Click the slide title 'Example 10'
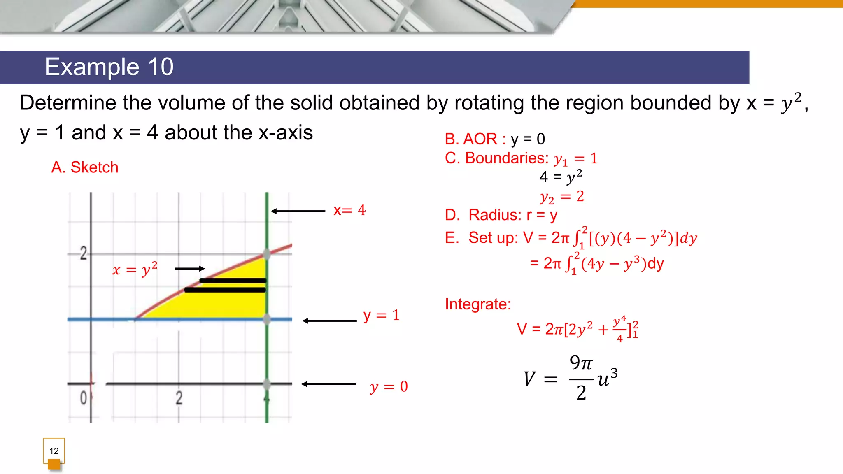coord(109,67)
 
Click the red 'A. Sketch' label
coord(85,167)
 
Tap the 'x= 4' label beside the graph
coord(349,211)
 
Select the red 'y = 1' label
coord(382,316)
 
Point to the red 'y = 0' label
coord(389,386)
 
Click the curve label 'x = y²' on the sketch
coord(135,270)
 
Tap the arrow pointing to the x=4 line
coord(298,211)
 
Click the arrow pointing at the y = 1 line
coord(329,321)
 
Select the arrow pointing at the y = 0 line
coord(328,384)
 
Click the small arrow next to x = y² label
coord(190,269)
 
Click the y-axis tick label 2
coord(84,253)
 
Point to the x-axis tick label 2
coord(179,398)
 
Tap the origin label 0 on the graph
coord(84,398)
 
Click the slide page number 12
coord(54,451)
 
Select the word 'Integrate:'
coord(478,304)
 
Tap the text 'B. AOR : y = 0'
coord(495,139)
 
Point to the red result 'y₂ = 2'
coord(562,197)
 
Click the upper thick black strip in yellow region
coord(233,281)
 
